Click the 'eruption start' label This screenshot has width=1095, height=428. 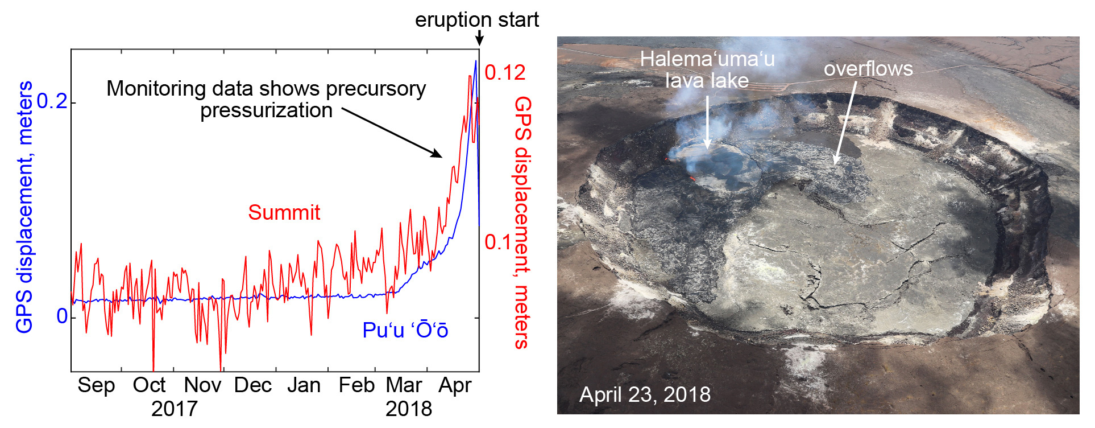pyautogui.click(x=476, y=20)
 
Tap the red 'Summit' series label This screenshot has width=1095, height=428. pyautogui.click(x=284, y=212)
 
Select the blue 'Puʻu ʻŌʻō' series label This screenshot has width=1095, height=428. pyautogui.click(x=405, y=330)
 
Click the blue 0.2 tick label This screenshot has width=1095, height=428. pyautogui.click(x=52, y=101)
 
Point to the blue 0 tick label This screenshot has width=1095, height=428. pyautogui.click(x=62, y=316)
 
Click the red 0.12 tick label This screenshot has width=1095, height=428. pyautogui.click(x=505, y=73)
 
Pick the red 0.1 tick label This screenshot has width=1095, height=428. pyautogui.click(x=499, y=242)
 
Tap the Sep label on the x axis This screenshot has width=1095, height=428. pyautogui.click(x=96, y=385)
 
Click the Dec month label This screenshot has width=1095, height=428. pyautogui.click(x=253, y=385)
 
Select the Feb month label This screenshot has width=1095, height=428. pyautogui.click(x=356, y=385)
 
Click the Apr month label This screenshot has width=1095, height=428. pyautogui.click(x=455, y=385)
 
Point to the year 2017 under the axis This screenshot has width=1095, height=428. pyautogui.click(x=174, y=409)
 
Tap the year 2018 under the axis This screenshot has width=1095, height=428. pyautogui.click(x=408, y=409)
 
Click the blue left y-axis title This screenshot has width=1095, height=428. pyautogui.click(x=24, y=207)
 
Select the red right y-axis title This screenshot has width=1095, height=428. pyautogui.click(x=522, y=222)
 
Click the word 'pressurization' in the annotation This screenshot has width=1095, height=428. pyautogui.click(x=266, y=110)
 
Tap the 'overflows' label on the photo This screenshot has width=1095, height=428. pyautogui.click(x=868, y=69)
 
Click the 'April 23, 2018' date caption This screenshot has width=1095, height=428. pyautogui.click(x=645, y=394)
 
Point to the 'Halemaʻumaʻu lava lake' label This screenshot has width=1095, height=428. pyautogui.click(x=707, y=69)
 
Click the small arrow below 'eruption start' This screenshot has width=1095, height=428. pyautogui.click(x=479, y=38)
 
